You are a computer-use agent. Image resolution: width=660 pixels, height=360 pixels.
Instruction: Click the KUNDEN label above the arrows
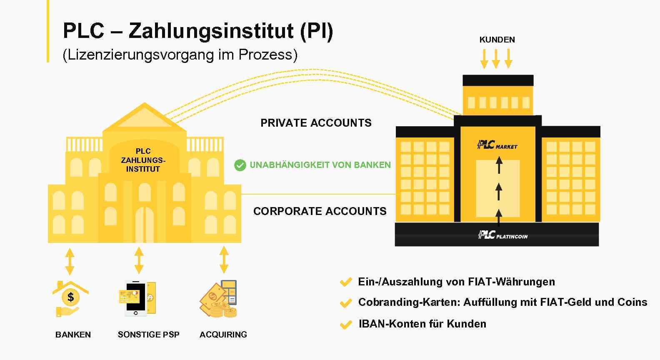497,40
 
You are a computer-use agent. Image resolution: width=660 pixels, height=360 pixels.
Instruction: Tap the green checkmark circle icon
240,165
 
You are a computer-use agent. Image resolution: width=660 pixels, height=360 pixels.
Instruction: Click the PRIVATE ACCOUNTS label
316,123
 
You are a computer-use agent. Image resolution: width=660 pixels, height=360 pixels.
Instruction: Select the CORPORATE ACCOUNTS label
320,211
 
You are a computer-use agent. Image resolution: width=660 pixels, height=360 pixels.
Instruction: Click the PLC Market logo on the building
497,145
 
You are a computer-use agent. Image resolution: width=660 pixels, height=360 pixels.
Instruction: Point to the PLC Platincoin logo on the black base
502,235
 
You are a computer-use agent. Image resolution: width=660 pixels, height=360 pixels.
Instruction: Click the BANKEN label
73,335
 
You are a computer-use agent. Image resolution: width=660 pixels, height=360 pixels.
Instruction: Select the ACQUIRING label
223,335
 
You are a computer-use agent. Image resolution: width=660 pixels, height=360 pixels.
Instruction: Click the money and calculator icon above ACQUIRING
218,299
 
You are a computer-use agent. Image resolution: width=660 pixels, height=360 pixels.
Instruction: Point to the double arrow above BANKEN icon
70,261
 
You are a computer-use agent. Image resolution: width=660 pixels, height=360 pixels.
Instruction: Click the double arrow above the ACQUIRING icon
224,260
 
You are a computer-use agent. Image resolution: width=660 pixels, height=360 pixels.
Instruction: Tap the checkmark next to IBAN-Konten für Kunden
345,325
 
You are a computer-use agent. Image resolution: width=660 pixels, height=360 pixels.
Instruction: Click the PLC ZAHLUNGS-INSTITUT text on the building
143,160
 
